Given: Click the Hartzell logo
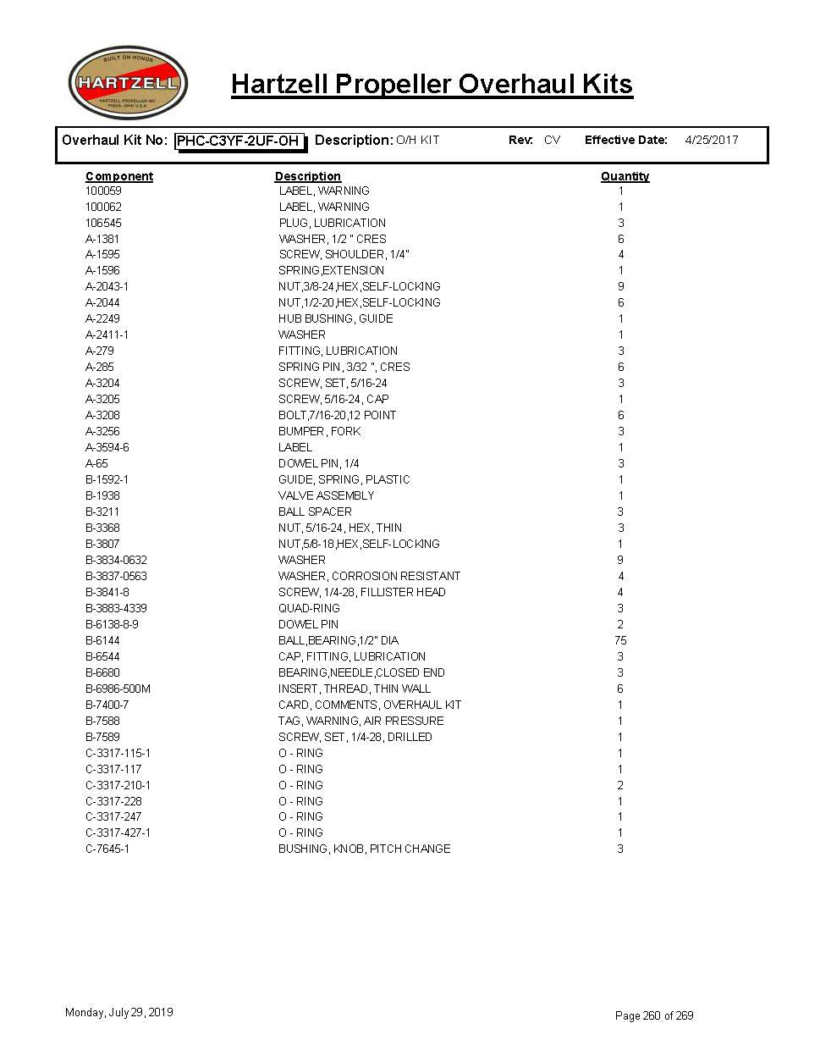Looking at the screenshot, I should (127, 83).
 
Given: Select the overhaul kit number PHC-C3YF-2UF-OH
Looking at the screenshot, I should (238, 141).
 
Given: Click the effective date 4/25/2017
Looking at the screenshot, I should (711, 141).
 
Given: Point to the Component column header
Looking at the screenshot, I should (119, 176).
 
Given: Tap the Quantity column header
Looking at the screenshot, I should (625, 176).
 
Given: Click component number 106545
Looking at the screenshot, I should (103, 223).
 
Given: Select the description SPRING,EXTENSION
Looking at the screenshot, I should (331, 271).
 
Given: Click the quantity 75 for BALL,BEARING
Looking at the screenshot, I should (620, 640).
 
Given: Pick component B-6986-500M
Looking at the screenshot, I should (118, 689).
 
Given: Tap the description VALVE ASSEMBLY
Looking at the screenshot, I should (326, 495).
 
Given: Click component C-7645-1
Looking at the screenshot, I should (107, 849).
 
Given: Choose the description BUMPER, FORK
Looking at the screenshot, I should (319, 431).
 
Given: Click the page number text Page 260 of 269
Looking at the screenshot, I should (654, 1015).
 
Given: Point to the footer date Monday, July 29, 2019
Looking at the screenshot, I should (119, 1012).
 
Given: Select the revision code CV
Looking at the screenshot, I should (552, 141).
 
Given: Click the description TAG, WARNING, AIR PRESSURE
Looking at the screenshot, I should (360, 721).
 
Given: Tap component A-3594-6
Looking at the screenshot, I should (107, 447).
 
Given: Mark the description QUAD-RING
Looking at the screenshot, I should (309, 608).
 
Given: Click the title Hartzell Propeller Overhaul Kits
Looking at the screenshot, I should (432, 84).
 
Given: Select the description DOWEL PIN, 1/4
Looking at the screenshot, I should (318, 463).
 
